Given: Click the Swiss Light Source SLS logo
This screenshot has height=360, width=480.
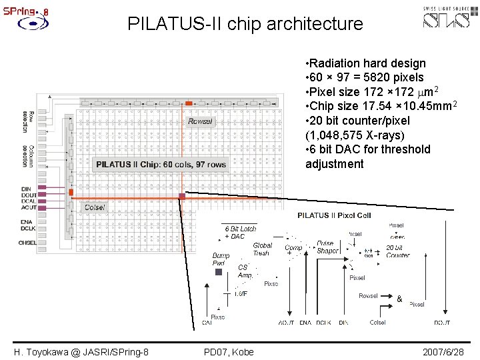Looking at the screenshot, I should [451, 17].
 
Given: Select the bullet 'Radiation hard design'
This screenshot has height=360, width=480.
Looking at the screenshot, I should [365, 63].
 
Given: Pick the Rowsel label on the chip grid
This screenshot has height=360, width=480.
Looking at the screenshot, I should [200, 121].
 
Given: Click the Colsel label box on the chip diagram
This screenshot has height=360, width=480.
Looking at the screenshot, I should [94, 207].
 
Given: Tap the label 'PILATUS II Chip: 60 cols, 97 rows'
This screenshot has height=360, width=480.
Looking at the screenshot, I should [161, 165].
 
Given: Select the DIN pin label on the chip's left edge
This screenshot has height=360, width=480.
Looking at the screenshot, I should [26, 189].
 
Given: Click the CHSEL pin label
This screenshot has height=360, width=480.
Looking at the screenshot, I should [28, 243].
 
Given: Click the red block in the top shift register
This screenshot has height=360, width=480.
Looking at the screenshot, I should [189, 103].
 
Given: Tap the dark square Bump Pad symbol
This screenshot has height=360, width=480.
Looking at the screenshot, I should [218, 271].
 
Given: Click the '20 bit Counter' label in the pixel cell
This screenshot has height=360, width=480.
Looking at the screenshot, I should [398, 251].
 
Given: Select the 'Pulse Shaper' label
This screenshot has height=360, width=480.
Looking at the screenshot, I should [327, 247].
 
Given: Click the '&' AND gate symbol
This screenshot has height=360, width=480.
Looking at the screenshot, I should [399, 299].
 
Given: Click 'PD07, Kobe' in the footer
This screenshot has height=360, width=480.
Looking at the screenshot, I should [229, 352].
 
